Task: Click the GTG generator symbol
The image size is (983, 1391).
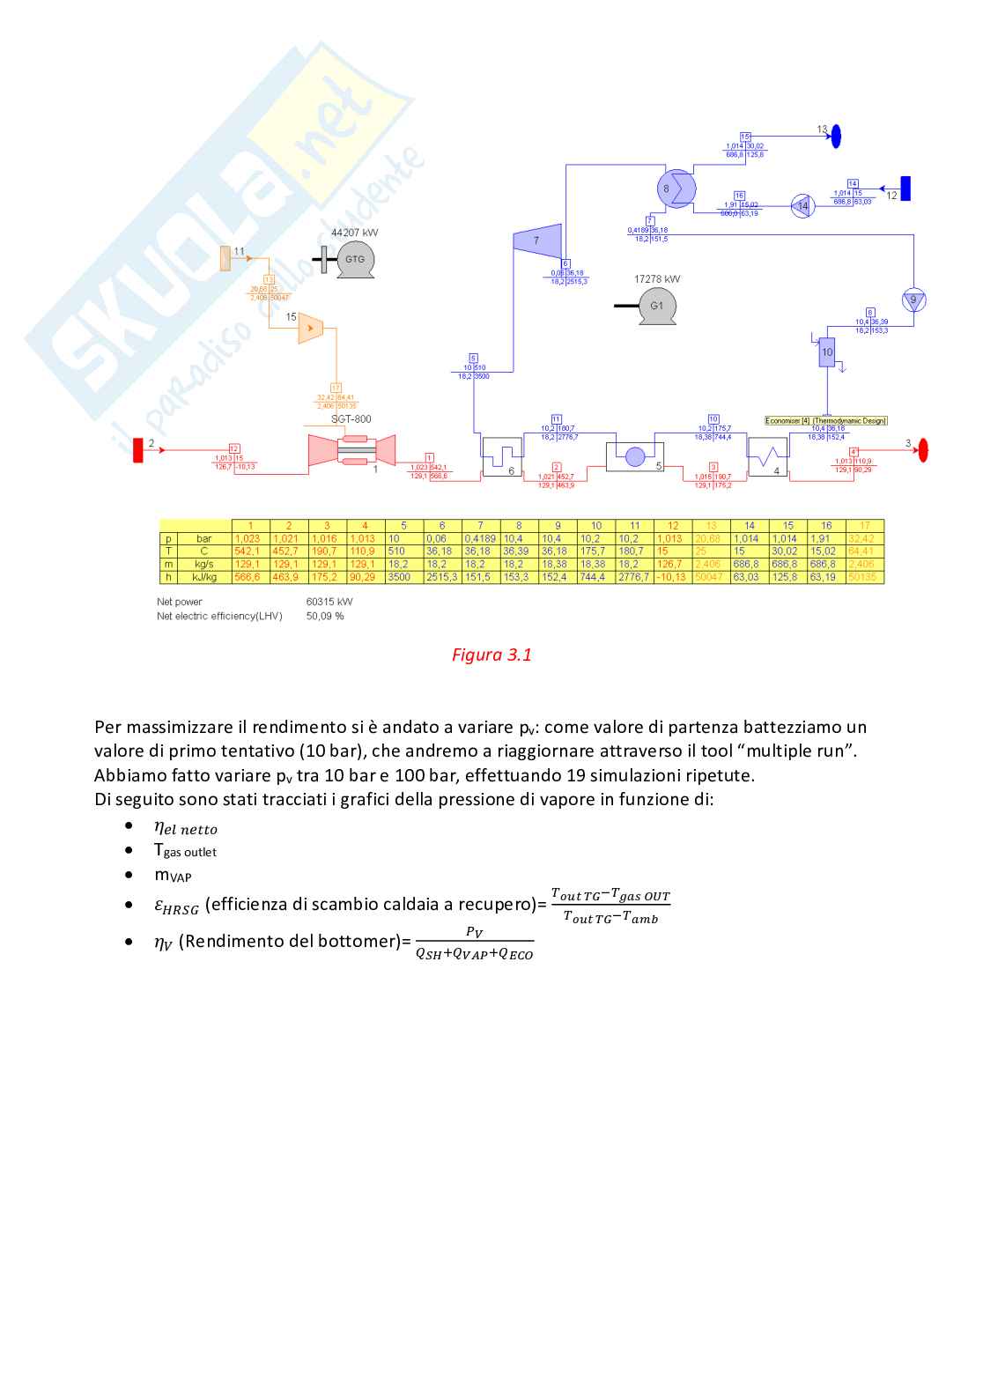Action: (355, 260)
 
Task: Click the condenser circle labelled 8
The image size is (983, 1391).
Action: (676, 189)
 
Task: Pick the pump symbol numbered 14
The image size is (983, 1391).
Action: (802, 206)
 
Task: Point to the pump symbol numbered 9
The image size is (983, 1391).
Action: (913, 300)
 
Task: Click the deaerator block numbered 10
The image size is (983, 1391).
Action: (827, 352)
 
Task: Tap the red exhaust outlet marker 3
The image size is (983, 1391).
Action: (923, 450)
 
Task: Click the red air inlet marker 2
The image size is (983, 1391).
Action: (138, 449)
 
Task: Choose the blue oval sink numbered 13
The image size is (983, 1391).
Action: (836, 136)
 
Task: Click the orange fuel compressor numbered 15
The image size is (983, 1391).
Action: (311, 328)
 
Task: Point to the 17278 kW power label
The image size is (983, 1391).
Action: (657, 279)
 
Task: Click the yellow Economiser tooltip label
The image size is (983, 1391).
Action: (825, 421)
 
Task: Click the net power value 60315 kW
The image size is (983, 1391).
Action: (329, 602)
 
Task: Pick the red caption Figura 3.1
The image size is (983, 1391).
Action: (491, 655)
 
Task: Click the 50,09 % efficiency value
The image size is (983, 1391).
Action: (325, 616)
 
